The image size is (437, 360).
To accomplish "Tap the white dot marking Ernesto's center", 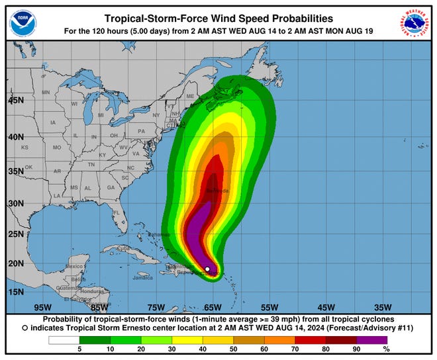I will [x=208, y=269].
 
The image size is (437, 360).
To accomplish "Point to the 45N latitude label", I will [x=16, y=101].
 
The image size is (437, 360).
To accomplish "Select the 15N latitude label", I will [x=16, y=292].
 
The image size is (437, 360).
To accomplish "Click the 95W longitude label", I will [x=42, y=307].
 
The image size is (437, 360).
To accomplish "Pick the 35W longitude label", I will [x=383, y=307].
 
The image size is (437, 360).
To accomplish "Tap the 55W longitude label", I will [x=269, y=307].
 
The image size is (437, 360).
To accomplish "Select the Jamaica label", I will [x=142, y=277].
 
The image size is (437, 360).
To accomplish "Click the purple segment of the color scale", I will [x=373, y=339].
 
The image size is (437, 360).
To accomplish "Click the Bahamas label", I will [x=160, y=234].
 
